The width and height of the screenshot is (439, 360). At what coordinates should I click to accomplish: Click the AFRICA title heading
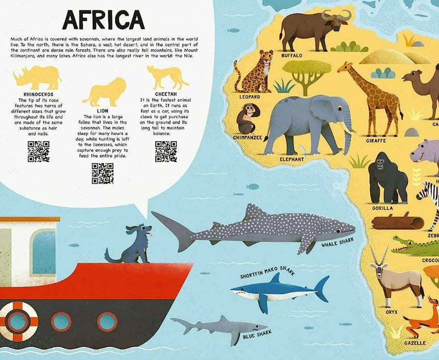pos(103,19)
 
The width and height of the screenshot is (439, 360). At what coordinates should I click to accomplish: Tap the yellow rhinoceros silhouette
pos(37,77)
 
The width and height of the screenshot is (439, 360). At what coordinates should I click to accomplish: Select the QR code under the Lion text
pos(103,173)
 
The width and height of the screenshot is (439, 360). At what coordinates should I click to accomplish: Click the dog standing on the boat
pos(132,244)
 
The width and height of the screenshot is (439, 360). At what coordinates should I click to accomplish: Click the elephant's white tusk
pos(347,127)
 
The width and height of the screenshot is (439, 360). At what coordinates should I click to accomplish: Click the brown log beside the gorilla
pos(397,222)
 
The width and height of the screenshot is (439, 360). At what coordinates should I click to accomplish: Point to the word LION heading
pos(103,110)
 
